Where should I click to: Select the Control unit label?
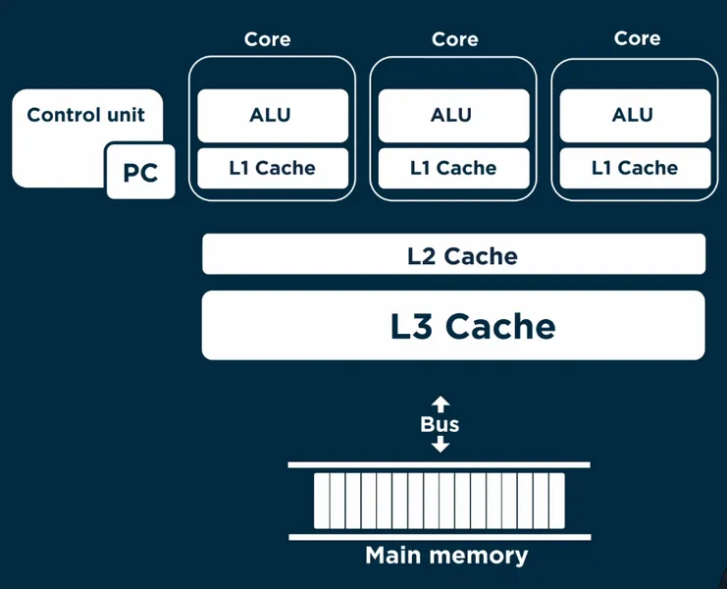click(x=85, y=115)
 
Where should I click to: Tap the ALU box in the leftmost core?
click(x=272, y=116)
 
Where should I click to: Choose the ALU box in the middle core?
click(x=452, y=116)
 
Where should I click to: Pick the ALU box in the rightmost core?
click(x=633, y=116)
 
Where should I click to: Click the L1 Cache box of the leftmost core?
click(x=272, y=168)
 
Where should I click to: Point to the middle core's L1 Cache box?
click(x=452, y=168)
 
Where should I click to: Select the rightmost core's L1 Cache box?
click(x=633, y=168)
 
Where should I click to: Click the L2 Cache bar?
click(x=453, y=255)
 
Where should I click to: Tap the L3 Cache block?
click(x=453, y=325)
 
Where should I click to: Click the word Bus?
click(x=440, y=424)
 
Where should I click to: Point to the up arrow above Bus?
click(x=441, y=402)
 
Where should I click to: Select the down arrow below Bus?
click(x=441, y=445)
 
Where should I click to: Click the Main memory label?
click(x=446, y=556)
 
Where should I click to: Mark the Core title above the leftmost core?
click(x=268, y=39)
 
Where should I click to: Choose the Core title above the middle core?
click(x=455, y=39)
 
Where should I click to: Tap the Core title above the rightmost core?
click(x=637, y=39)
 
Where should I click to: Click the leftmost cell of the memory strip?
click(x=322, y=501)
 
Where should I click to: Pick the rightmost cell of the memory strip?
click(x=556, y=501)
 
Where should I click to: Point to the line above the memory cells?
click(x=440, y=464)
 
